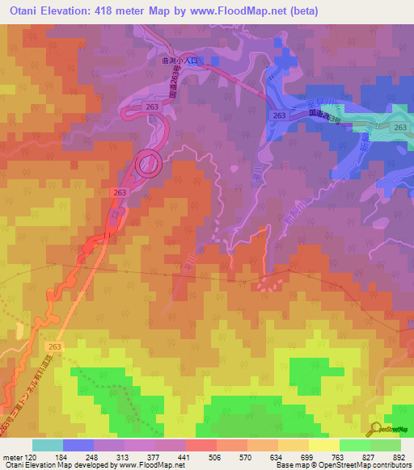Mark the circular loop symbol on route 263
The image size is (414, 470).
(x=149, y=164)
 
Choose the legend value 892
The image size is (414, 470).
(x=398, y=456)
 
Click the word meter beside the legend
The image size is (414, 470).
(x=12, y=456)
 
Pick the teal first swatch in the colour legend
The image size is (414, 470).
(x=47, y=445)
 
